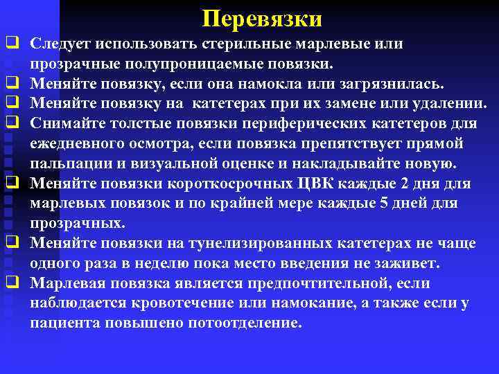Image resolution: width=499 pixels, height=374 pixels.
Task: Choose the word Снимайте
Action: point(67,124)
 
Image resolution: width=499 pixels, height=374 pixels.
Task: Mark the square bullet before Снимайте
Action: point(12,123)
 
